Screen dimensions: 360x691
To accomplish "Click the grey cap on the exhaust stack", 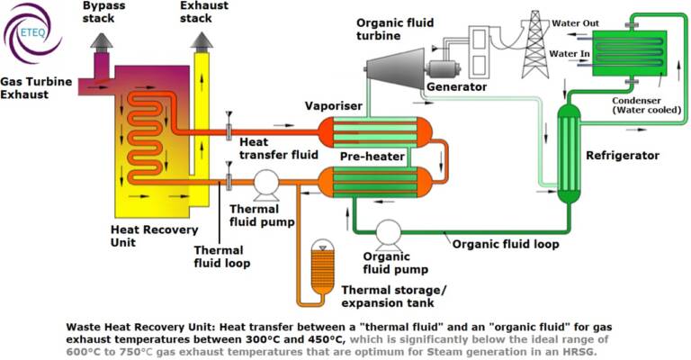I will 202,40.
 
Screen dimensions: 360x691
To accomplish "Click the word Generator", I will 456,87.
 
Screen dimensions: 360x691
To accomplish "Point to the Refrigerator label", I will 623,156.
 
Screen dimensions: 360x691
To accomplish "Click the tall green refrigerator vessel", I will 569,153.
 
